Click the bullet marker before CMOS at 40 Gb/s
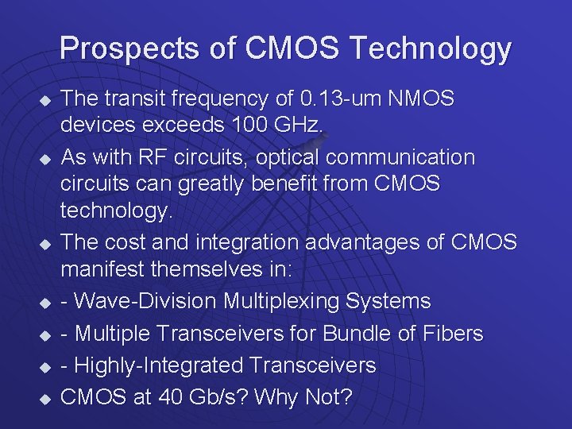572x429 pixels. (x=44, y=398)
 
